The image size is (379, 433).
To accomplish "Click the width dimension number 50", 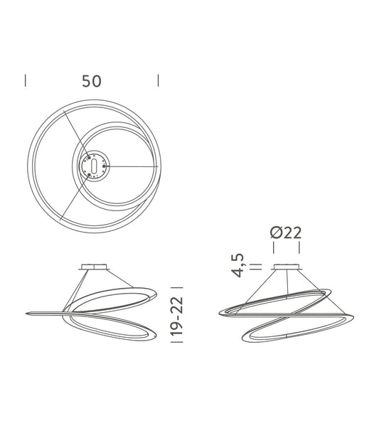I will click(x=91, y=80).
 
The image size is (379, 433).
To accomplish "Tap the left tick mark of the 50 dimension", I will click(x=26, y=80).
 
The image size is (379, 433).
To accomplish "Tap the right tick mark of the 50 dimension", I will click(x=157, y=80).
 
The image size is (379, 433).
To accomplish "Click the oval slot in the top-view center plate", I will click(x=92, y=166).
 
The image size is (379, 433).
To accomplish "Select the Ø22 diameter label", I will click(x=287, y=232).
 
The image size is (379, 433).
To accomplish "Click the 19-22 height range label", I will click(x=178, y=316).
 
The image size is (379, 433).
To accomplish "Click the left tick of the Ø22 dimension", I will click(x=274, y=247).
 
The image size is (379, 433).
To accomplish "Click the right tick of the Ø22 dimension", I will click(x=299, y=247).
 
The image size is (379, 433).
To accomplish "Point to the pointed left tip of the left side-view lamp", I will click(x=26, y=313).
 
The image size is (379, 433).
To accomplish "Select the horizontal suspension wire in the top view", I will click(x=132, y=167).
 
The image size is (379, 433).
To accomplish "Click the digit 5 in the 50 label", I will click(x=86, y=80).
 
